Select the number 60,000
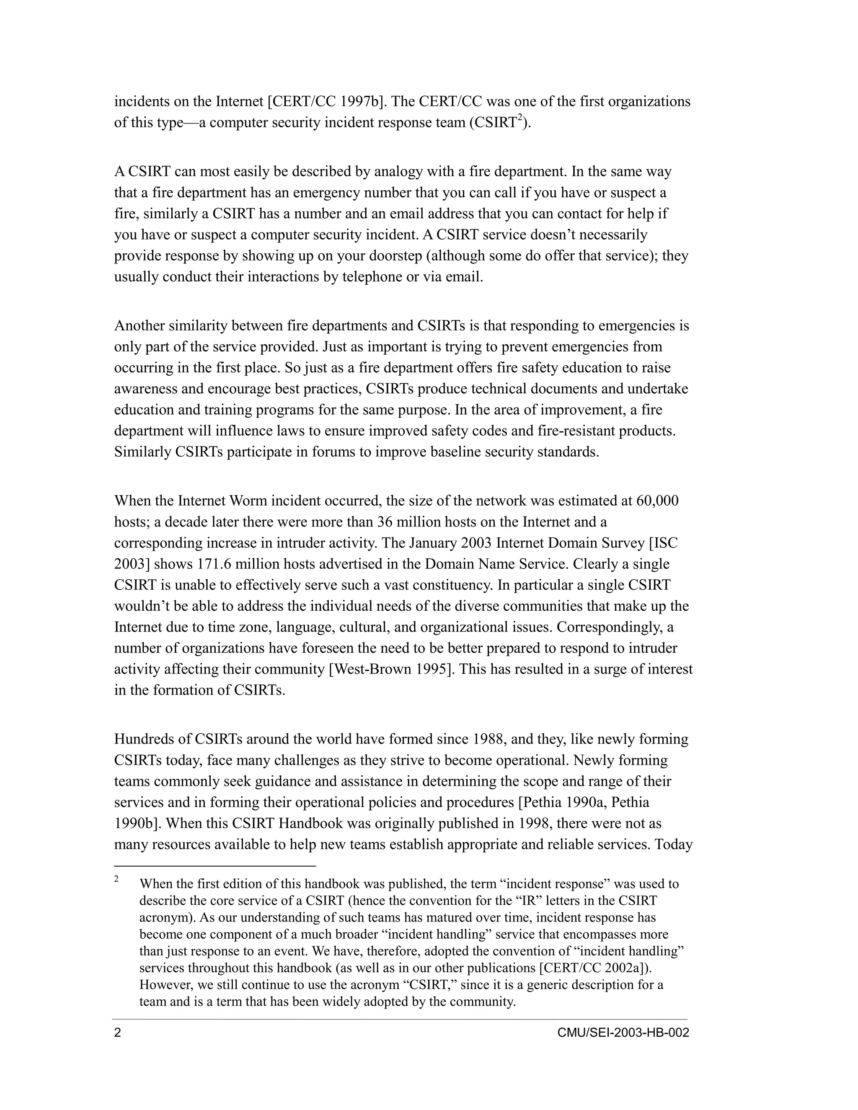[657, 501]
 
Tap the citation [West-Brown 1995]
[391, 669]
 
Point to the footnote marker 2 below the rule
[116, 879]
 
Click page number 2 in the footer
[117, 1033]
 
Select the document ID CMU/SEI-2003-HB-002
[623, 1033]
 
